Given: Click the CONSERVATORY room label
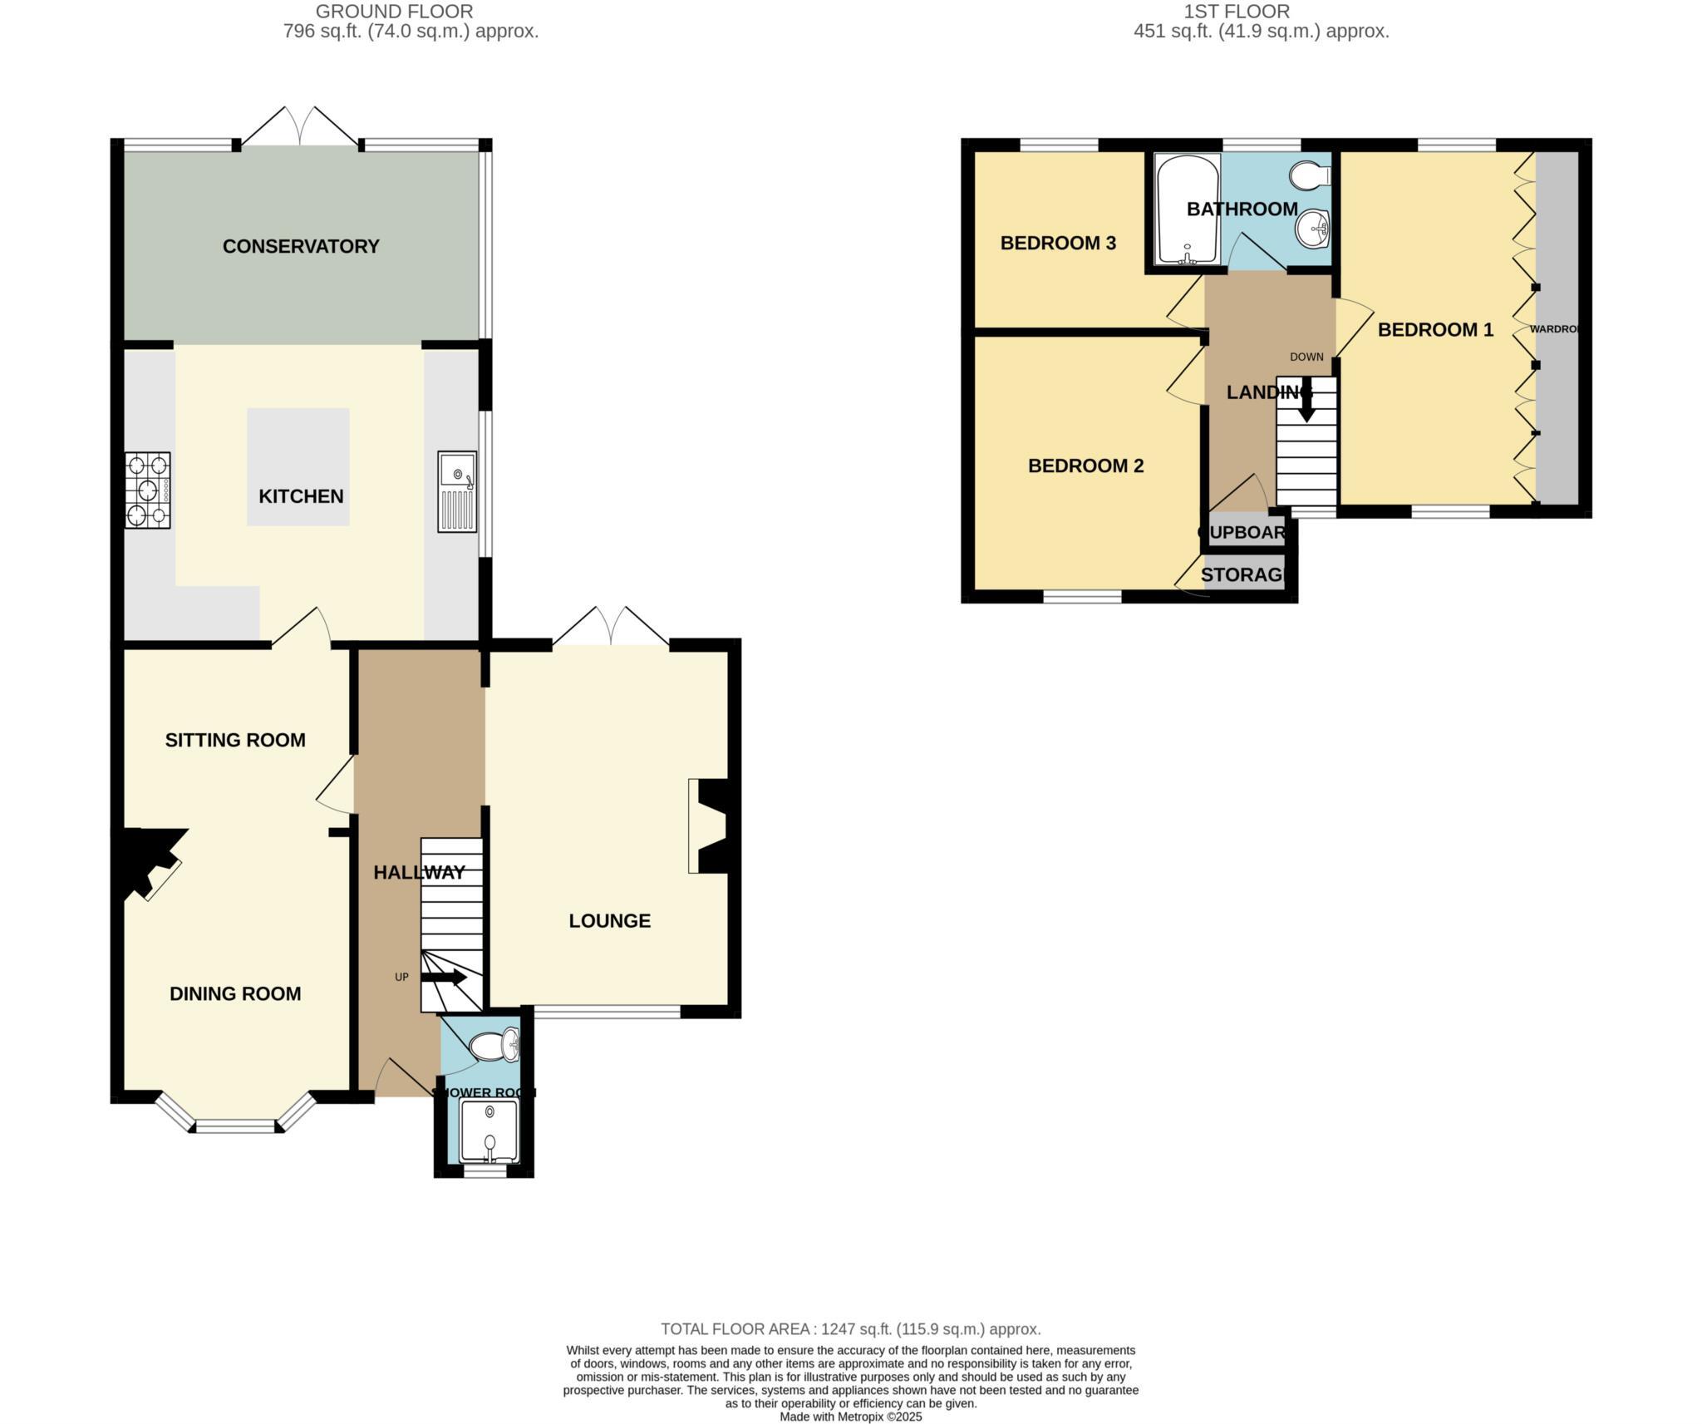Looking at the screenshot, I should (x=301, y=246).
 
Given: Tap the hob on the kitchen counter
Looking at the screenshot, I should (x=148, y=490).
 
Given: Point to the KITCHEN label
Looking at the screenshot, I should (x=301, y=496).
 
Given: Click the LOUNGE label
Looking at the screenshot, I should (x=609, y=920).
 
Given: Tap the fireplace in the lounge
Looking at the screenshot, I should (x=709, y=825).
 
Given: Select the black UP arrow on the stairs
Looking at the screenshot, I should (x=445, y=978).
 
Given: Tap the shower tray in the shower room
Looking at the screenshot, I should (x=489, y=1131).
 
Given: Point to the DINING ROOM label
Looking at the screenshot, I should (x=235, y=993).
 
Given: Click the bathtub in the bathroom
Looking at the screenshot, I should (x=1188, y=209).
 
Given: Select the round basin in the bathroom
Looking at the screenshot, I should (x=1312, y=229).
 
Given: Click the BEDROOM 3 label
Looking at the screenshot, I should (x=1058, y=243).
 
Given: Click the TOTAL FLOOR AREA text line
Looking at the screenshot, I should (x=850, y=1328).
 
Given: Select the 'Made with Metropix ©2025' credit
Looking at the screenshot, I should (x=850, y=1417).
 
